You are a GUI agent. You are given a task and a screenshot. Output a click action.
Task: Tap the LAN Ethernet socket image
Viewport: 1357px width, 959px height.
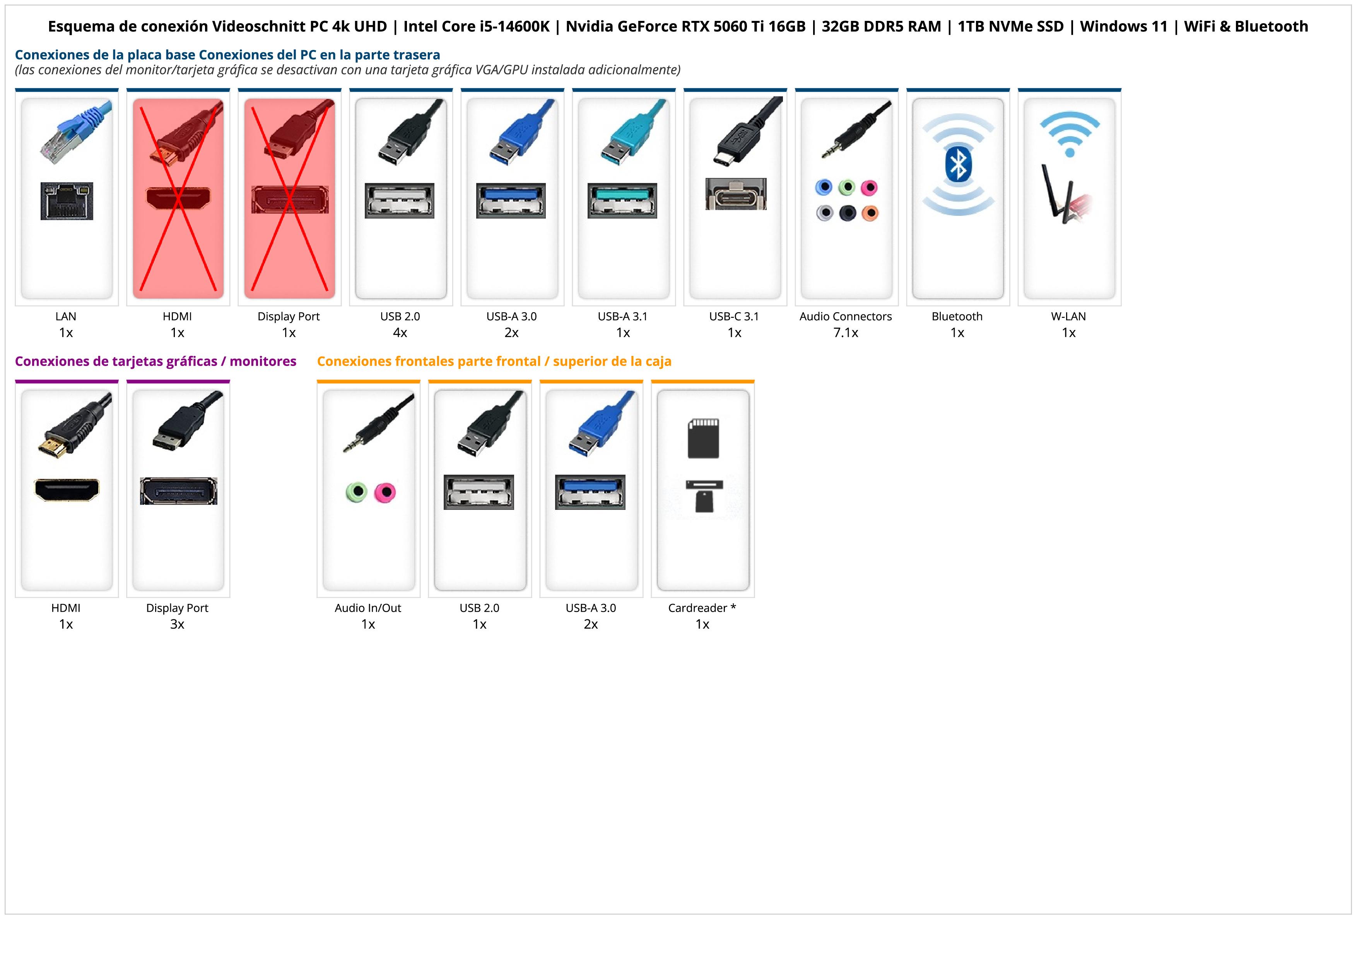pyautogui.click(x=67, y=201)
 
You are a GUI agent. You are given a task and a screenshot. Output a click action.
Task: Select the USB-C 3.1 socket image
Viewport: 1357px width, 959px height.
pyautogui.click(x=736, y=194)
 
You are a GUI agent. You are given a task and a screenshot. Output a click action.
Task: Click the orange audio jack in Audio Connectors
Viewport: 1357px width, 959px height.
pyautogui.click(x=870, y=213)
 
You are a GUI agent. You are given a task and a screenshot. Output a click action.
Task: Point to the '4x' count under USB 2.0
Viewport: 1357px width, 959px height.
pyautogui.click(x=400, y=333)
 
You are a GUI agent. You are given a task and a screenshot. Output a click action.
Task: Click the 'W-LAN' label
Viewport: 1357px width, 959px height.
pyautogui.click(x=1068, y=316)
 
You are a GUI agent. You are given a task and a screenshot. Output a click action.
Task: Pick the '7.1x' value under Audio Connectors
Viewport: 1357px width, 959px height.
pyautogui.click(x=846, y=333)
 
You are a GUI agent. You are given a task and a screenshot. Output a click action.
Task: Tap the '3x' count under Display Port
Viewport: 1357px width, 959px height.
pyautogui.click(x=177, y=624)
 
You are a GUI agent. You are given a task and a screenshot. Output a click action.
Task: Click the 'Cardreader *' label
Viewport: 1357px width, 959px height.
pyautogui.click(x=702, y=608)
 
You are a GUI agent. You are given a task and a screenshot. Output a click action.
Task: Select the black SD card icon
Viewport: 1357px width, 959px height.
pyautogui.click(x=703, y=438)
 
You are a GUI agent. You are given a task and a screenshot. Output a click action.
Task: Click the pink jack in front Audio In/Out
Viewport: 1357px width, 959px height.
pyautogui.click(x=385, y=492)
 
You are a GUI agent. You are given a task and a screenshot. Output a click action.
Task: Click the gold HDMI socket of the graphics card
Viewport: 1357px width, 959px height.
pyautogui.click(x=67, y=490)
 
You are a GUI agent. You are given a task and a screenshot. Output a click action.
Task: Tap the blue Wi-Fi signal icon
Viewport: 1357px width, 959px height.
pyautogui.click(x=1069, y=133)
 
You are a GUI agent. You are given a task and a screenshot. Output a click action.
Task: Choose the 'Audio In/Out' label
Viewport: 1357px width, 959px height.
pyautogui.click(x=367, y=608)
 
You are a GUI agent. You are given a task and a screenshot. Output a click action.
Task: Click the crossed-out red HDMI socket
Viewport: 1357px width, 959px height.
pyautogui.click(x=177, y=198)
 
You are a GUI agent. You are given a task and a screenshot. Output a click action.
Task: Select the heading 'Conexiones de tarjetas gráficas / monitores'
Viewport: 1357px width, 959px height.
pyautogui.click(x=156, y=361)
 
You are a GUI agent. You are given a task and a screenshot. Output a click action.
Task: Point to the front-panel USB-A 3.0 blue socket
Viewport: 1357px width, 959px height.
pyautogui.click(x=590, y=492)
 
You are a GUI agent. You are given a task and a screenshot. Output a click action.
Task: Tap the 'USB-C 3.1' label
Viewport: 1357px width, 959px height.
pyautogui.click(x=734, y=316)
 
